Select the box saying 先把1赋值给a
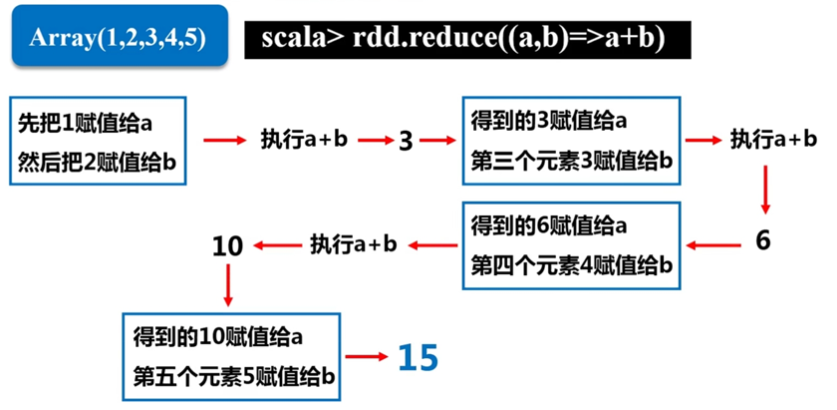(98, 140)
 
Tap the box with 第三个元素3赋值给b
(570, 140)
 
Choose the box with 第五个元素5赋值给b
(230, 354)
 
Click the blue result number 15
(418, 357)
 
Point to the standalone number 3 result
(406, 141)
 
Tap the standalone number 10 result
(228, 245)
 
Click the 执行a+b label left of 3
(304, 140)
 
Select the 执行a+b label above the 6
(766, 140)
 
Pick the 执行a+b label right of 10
(354, 243)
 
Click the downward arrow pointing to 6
(765, 191)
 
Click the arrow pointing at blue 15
(368, 356)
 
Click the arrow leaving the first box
(226, 140)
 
